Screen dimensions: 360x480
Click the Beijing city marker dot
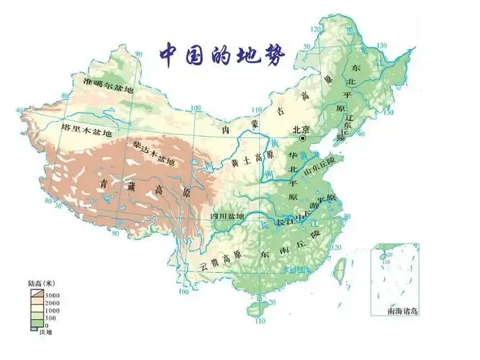pos(304,138)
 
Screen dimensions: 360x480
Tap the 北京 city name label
pos(302,130)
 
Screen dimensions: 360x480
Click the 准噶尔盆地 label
pos(109,89)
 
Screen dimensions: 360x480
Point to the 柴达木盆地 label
pos(154,153)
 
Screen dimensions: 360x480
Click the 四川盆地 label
pos(227,217)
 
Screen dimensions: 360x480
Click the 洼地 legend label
pos(45,332)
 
